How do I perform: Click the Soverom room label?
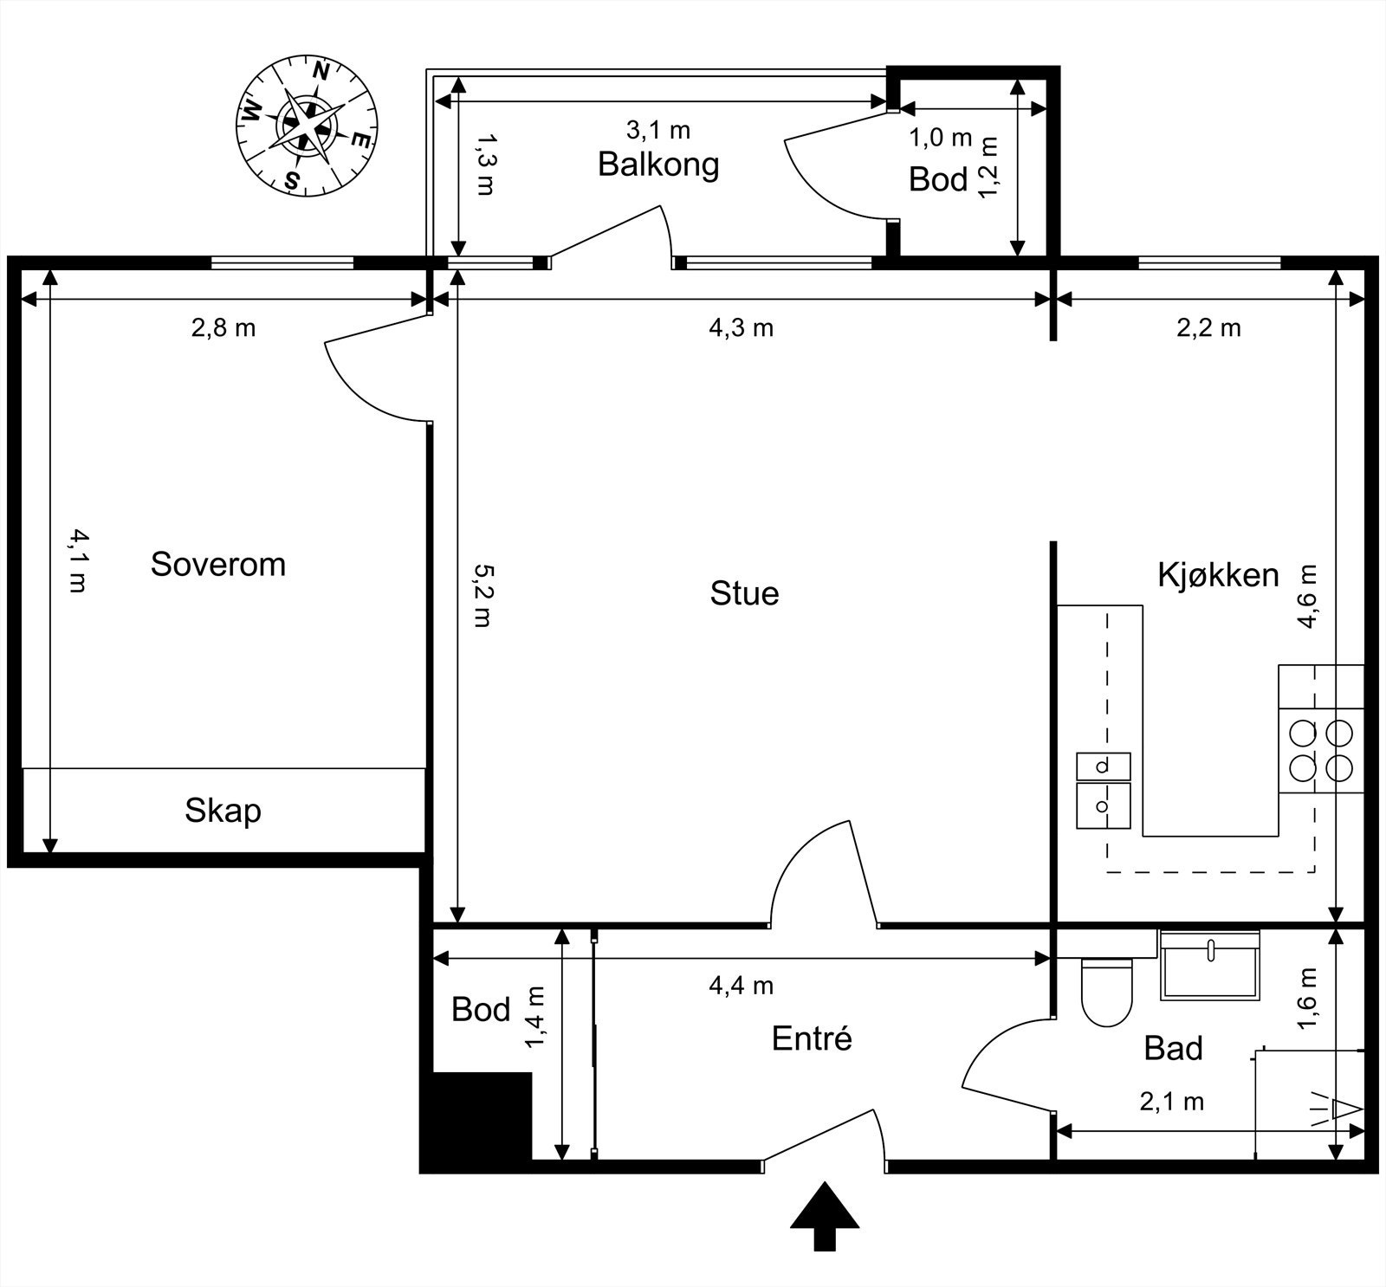[217, 565]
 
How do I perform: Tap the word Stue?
[744, 593]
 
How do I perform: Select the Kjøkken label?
[1218, 575]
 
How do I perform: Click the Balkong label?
[658, 164]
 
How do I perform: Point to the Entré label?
[812, 1038]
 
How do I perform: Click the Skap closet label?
[223, 811]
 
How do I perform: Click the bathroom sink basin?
[1209, 968]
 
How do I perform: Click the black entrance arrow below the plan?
[824, 1216]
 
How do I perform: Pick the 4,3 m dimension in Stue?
[741, 328]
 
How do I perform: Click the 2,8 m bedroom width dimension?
[223, 328]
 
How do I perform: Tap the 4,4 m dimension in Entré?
[741, 986]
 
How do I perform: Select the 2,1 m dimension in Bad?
[1171, 1102]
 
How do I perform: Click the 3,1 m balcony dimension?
[658, 131]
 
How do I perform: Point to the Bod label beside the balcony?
[938, 180]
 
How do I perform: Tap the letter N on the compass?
[321, 72]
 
